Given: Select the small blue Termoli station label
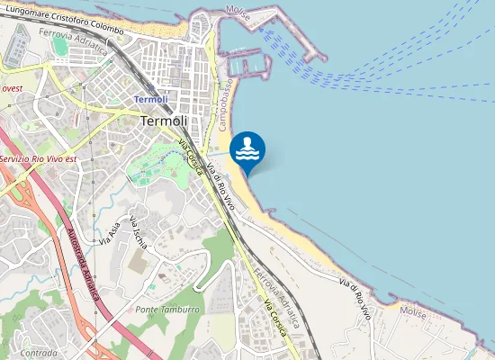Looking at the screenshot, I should (150, 99).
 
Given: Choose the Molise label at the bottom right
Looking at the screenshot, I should (413, 311).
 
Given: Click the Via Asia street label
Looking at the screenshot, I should (112, 230).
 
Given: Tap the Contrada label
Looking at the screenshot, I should (39, 353).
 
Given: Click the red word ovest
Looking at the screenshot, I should (13, 89).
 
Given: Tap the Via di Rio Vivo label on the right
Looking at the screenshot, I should (355, 300).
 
